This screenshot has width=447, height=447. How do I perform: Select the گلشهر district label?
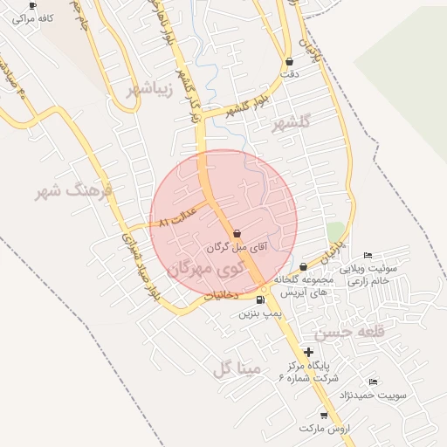(291, 123)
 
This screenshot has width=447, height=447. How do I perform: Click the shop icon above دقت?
(289, 62)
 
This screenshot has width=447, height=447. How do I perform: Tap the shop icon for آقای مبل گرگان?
(238, 233)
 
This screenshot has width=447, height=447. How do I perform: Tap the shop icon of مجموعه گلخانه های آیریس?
(303, 267)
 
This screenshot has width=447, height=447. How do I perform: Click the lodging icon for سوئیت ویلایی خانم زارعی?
(368, 256)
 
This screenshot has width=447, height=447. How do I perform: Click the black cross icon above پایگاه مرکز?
(308, 351)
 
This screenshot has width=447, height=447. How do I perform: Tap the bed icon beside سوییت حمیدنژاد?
(373, 382)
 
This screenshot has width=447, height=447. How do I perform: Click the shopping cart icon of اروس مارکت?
(324, 416)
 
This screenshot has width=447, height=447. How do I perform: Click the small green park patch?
(335, 232)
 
